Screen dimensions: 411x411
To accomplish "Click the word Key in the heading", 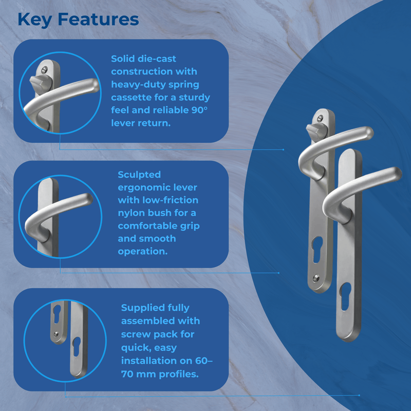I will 34,20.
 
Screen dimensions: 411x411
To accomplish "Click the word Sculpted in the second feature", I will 140,174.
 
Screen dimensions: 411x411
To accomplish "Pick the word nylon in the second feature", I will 134,213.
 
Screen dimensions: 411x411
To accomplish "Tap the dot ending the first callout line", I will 283,150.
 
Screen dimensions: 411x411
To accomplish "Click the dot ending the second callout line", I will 279,273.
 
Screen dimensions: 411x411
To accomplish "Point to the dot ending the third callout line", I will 359,396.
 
